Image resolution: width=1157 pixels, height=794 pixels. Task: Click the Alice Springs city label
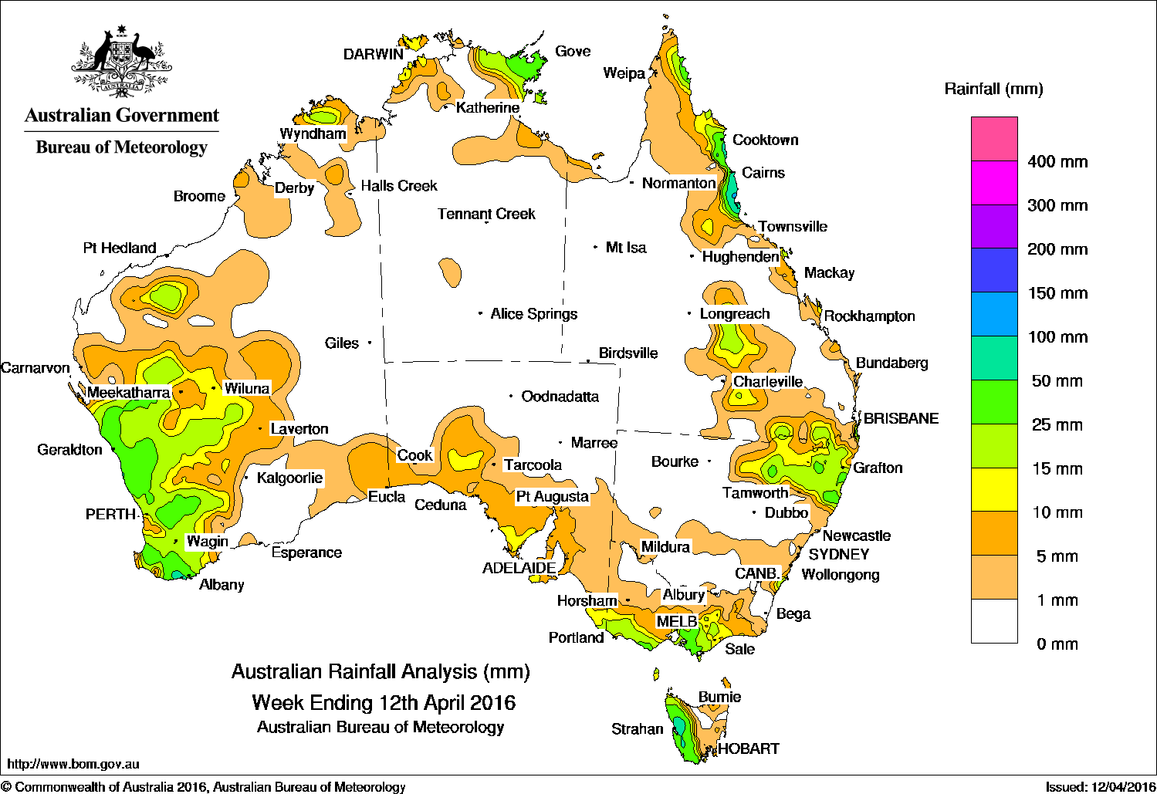534,314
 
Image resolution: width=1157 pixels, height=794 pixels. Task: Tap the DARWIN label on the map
374,54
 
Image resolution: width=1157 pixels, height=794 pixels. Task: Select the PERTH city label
110,515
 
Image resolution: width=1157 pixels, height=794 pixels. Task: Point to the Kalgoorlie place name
289,478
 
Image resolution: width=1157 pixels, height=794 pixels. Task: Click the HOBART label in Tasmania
749,748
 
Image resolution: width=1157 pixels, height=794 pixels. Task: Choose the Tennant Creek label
486,214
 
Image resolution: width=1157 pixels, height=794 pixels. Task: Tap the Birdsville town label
628,353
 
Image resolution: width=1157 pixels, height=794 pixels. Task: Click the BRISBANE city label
901,418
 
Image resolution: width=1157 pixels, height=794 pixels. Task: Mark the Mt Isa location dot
596,247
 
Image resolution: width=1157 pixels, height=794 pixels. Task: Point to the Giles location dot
370,343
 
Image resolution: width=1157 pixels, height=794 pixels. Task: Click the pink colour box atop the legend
994,139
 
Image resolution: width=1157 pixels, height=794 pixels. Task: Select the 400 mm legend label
1057,162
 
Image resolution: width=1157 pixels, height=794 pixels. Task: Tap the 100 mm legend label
1057,337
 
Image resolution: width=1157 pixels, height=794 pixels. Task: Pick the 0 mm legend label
1057,644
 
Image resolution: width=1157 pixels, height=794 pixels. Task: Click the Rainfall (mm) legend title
993,90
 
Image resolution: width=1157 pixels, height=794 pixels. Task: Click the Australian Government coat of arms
121,62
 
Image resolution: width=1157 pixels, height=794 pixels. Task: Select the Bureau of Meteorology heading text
121,147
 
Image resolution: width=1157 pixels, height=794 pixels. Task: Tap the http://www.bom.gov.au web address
73,764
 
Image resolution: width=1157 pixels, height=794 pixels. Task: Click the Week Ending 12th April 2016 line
384,703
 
